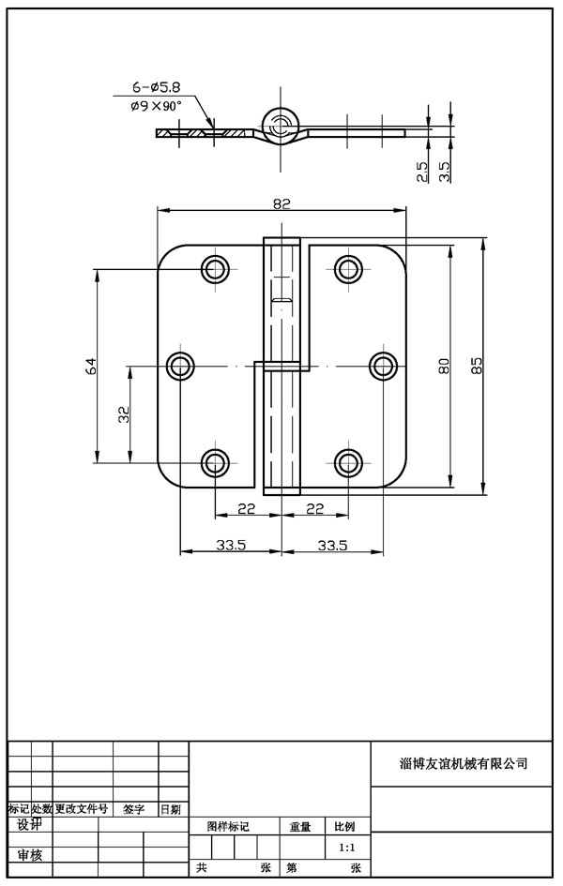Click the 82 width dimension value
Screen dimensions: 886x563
click(x=282, y=203)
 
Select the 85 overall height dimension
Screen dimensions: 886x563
click(x=477, y=366)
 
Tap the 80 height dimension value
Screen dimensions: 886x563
click(x=444, y=366)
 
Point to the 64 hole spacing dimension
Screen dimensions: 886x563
click(x=91, y=366)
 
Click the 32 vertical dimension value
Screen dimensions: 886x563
click(x=124, y=413)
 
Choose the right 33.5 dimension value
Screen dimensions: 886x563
click(x=333, y=544)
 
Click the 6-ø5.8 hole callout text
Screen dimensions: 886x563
click(x=157, y=88)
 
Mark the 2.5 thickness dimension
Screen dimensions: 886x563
click(x=422, y=172)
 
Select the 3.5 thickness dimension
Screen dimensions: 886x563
click(x=445, y=172)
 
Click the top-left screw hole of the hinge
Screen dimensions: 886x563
click(x=216, y=270)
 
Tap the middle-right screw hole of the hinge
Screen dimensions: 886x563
click(x=382, y=366)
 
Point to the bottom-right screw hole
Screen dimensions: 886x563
click(x=348, y=461)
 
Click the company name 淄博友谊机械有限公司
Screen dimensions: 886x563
click(x=464, y=763)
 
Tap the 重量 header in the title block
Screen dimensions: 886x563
click(x=299, y=827)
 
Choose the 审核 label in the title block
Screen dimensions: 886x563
click(x=30, y=855)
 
